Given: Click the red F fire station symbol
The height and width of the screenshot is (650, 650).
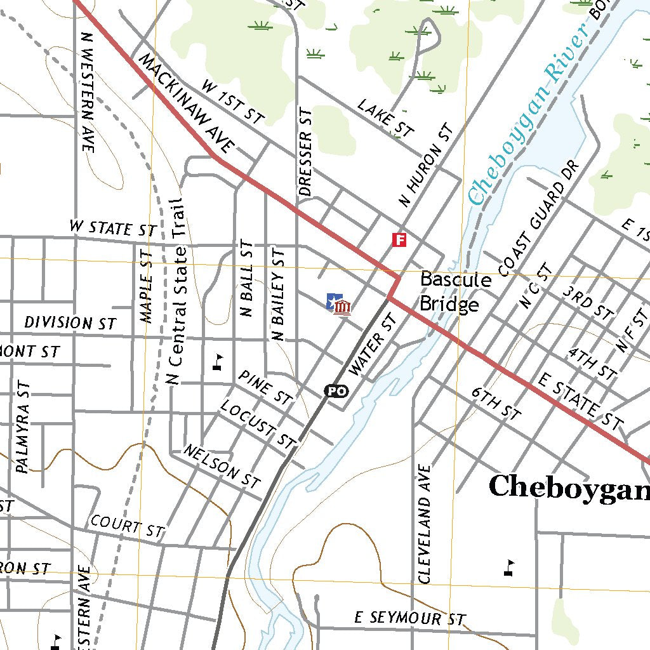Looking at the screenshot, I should (x=399, y=239).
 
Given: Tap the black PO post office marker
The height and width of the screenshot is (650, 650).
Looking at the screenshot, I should (x=336, y=391).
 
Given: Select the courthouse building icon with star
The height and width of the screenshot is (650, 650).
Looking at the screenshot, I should (x=338, y=304).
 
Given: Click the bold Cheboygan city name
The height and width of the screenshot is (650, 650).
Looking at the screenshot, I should (x=569, y=487).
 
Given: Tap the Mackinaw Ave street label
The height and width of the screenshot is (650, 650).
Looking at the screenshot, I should (x=186, y=103).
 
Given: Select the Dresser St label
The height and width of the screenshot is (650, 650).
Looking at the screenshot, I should (x=305, y=152).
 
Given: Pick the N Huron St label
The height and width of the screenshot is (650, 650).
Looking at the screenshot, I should (x=426, y=166).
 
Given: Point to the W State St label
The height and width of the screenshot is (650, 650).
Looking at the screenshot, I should (x=112, y=229).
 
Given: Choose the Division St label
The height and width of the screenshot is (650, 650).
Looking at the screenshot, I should (x=70, y=322).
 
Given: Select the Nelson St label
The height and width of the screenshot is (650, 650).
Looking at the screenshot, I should (x=222, y=466).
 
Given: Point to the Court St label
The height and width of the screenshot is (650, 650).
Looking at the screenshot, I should (x=127, y=526).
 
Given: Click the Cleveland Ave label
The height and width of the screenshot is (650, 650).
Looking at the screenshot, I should (x=425, y=524).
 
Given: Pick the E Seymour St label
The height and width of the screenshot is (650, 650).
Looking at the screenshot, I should (x=409, y=618).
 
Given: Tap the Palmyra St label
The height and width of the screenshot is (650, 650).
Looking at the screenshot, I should (x=22, y=428).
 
